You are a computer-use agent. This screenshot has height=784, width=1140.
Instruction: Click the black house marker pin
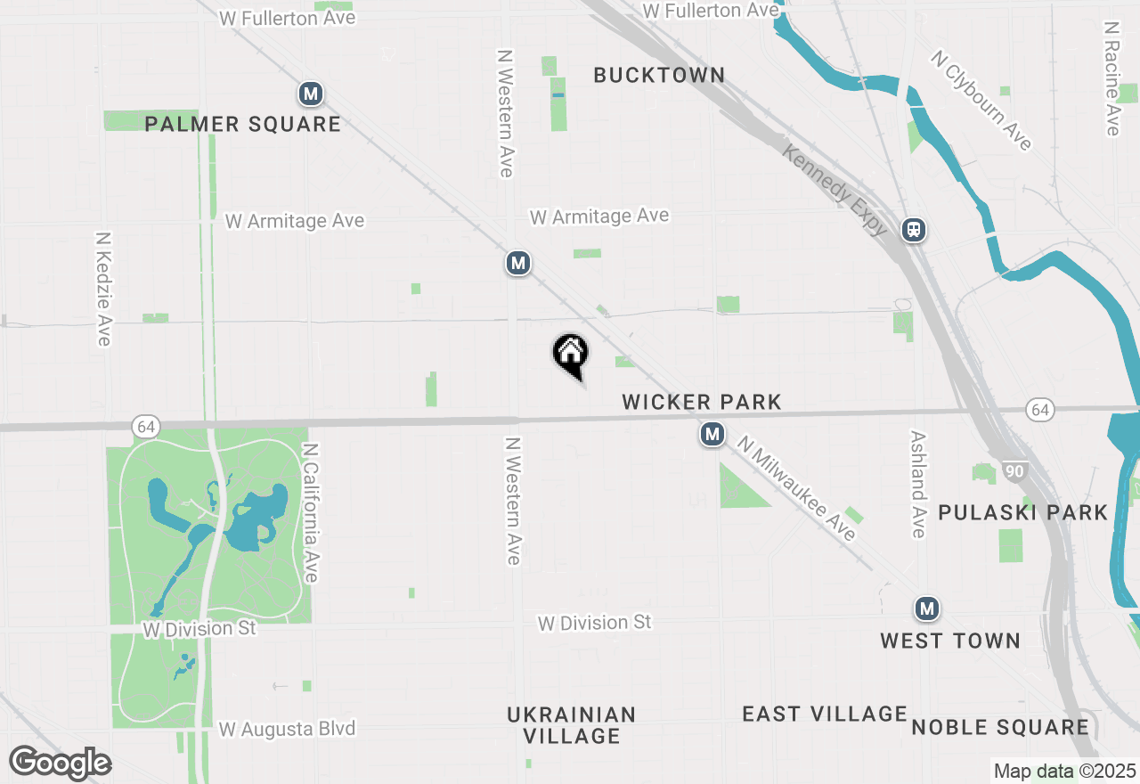570,354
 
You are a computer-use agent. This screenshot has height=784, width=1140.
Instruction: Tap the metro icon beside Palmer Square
310,94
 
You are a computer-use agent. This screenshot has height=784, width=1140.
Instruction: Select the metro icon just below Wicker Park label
712,435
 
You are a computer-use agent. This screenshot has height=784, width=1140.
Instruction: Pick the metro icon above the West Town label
927,609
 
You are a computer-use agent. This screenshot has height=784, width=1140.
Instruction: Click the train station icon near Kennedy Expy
913,230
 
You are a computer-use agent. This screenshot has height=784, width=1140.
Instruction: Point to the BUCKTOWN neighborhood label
659,75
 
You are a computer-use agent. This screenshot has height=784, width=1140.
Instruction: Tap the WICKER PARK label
702,402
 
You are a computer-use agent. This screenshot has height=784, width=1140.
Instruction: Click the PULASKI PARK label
1022,512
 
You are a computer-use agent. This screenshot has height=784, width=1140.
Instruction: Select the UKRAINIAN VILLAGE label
572,725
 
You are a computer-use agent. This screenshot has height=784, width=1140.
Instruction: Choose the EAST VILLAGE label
825,714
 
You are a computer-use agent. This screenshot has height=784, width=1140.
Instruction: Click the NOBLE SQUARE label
1000,727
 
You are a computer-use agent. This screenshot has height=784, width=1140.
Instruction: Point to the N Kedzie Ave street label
103,289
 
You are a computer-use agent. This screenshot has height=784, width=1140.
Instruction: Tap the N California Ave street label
310,513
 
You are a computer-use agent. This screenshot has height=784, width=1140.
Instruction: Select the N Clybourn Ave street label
981,100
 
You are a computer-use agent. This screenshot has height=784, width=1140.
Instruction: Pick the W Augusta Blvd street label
287,729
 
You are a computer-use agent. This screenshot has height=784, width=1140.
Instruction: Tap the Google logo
60,763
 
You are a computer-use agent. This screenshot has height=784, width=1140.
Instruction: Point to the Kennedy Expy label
835,190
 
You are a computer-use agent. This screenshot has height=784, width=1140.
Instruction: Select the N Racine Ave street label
1111,79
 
